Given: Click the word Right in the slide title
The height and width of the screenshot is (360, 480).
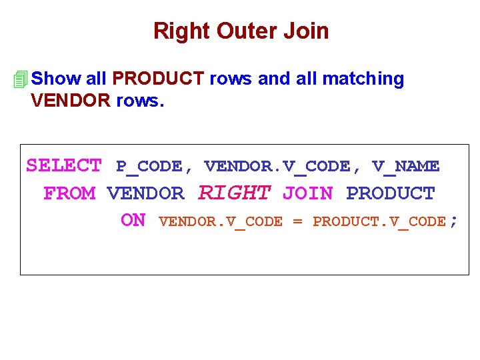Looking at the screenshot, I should (175, 31).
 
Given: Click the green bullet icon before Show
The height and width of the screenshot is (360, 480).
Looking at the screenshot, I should (21, 79).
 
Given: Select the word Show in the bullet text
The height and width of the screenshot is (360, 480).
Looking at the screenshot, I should (56, 79).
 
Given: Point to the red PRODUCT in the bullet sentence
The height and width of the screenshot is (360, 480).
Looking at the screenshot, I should (158, 79).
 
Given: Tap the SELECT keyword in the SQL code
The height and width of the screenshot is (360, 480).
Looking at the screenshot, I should (64, 165).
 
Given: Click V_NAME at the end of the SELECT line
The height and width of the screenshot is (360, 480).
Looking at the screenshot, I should (406, 166).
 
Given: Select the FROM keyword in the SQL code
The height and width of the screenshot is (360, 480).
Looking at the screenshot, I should (69, 193).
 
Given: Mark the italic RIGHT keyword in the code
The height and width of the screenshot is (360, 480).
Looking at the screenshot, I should (235, 193).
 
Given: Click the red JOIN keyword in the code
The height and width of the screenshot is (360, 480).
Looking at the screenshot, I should (307, 193).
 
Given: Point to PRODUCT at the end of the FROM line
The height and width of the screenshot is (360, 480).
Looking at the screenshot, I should (391, 193).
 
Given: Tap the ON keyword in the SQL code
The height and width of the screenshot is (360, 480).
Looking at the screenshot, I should (133, 221).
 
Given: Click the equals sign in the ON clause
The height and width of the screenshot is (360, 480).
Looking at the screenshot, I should (297, 221).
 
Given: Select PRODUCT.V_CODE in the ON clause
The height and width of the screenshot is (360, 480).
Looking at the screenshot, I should (379, 221).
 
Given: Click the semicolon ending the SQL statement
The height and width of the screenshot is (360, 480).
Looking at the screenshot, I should (454, 221).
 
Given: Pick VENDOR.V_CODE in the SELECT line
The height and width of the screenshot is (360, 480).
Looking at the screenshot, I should (277, 166).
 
